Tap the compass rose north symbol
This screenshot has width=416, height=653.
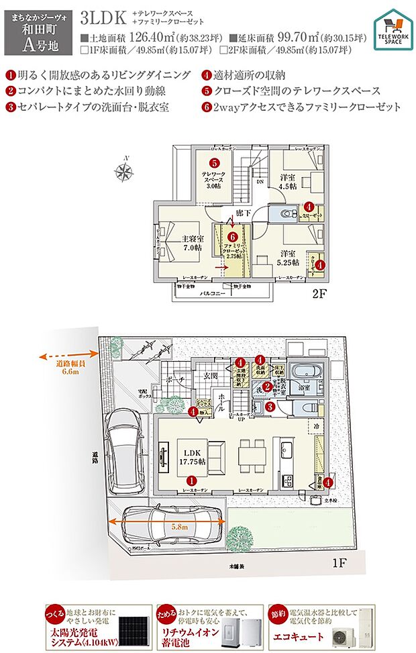coord(123,172)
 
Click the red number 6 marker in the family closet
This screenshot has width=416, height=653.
coord(232,236)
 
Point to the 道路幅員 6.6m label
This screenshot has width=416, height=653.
coord(68,367)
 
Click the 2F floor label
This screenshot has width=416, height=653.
coord(319,293)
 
